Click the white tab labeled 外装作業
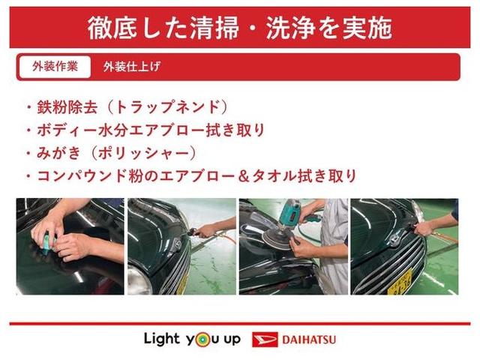click(x=55, y=67)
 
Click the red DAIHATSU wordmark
click(x=308, y=339)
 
